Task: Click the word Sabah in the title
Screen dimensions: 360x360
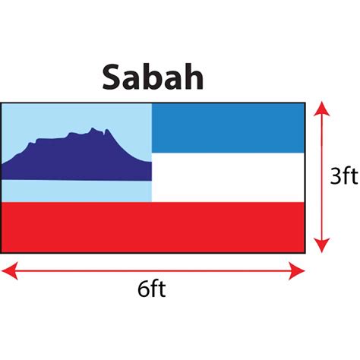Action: (x=153, y=77)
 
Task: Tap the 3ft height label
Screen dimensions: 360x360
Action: (x=344, y=176)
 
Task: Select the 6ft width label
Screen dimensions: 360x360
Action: (x=152, y=289)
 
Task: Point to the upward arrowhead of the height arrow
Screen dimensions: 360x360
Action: (x=321, y=109)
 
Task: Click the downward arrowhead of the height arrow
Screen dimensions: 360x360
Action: (x=321, y=245)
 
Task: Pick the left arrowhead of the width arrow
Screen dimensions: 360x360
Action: (x=10, y=271)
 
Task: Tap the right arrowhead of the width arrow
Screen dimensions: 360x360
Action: (x=296, y=271)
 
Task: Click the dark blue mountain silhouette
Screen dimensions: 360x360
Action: (x=76, y=159)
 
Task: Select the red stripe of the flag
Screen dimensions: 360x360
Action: (x=153, y=227)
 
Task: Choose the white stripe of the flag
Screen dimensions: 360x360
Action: (x=228, y=177)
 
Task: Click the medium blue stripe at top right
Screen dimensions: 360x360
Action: (x=228, y=128)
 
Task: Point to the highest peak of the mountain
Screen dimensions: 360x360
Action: (x=92, y=128)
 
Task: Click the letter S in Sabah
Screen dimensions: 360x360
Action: (x=111, y=77)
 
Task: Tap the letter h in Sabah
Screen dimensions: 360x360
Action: (x=194, y=77)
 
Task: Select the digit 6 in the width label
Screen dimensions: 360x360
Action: (x=143, y=289)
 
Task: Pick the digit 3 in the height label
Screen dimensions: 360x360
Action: (x=336, y=176)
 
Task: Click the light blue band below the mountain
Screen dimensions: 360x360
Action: (x=76, y=191)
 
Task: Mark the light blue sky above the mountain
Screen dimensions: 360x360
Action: (x=76, y=116)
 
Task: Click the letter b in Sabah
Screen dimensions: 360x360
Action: (x=150, y=77)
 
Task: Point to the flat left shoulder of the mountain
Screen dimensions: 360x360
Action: (x=51, y=139)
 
